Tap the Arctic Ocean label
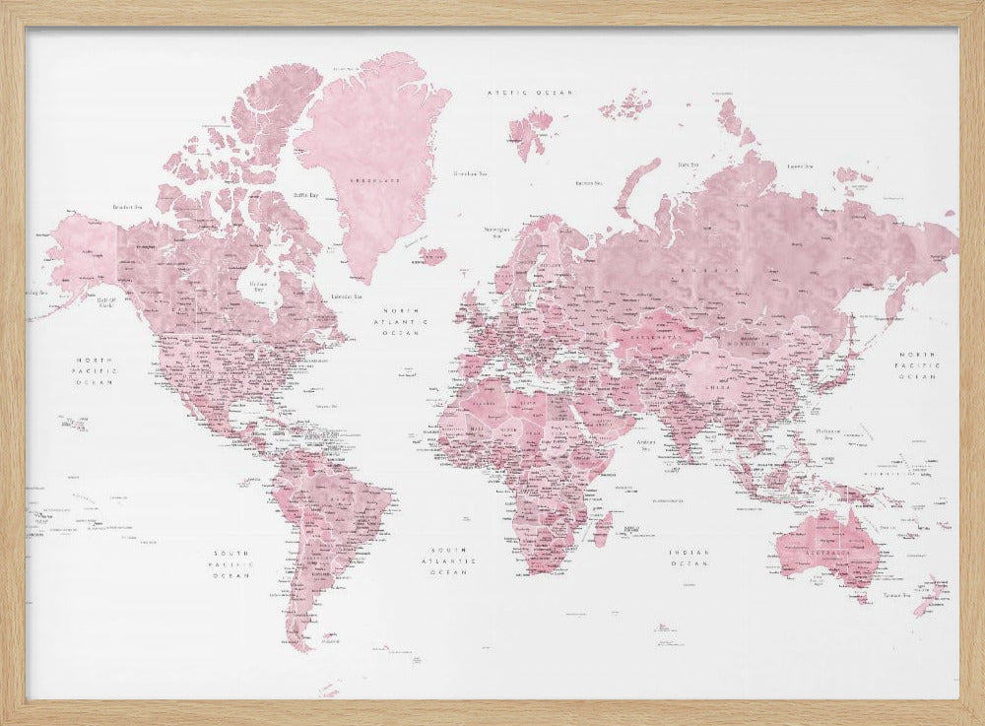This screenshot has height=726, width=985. tap(530, 92)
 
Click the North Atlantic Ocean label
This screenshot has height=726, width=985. tap(405, 321)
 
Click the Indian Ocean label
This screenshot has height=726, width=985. tap(689, 559)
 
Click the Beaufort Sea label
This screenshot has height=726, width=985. tap(130, 207)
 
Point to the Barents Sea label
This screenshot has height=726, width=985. tap(589, 182)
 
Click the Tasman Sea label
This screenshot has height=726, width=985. tap(893, 595)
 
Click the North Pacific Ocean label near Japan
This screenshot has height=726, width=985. tap(916, 364)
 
